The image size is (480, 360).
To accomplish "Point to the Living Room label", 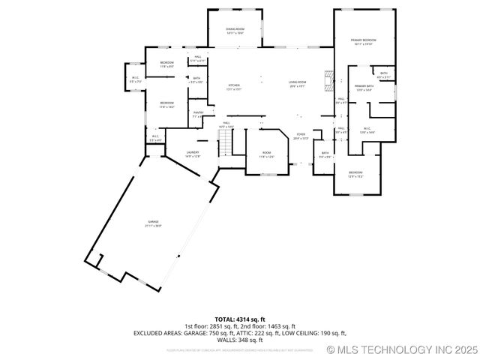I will (298, 83).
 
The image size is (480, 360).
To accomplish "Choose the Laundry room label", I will (193, 154).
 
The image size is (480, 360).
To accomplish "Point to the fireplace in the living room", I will (327, 80).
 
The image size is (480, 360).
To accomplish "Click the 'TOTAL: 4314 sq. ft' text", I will (240, 319).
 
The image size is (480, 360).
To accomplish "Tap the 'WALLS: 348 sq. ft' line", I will (240, 340).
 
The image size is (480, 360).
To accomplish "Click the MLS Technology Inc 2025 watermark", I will (402, 350).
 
